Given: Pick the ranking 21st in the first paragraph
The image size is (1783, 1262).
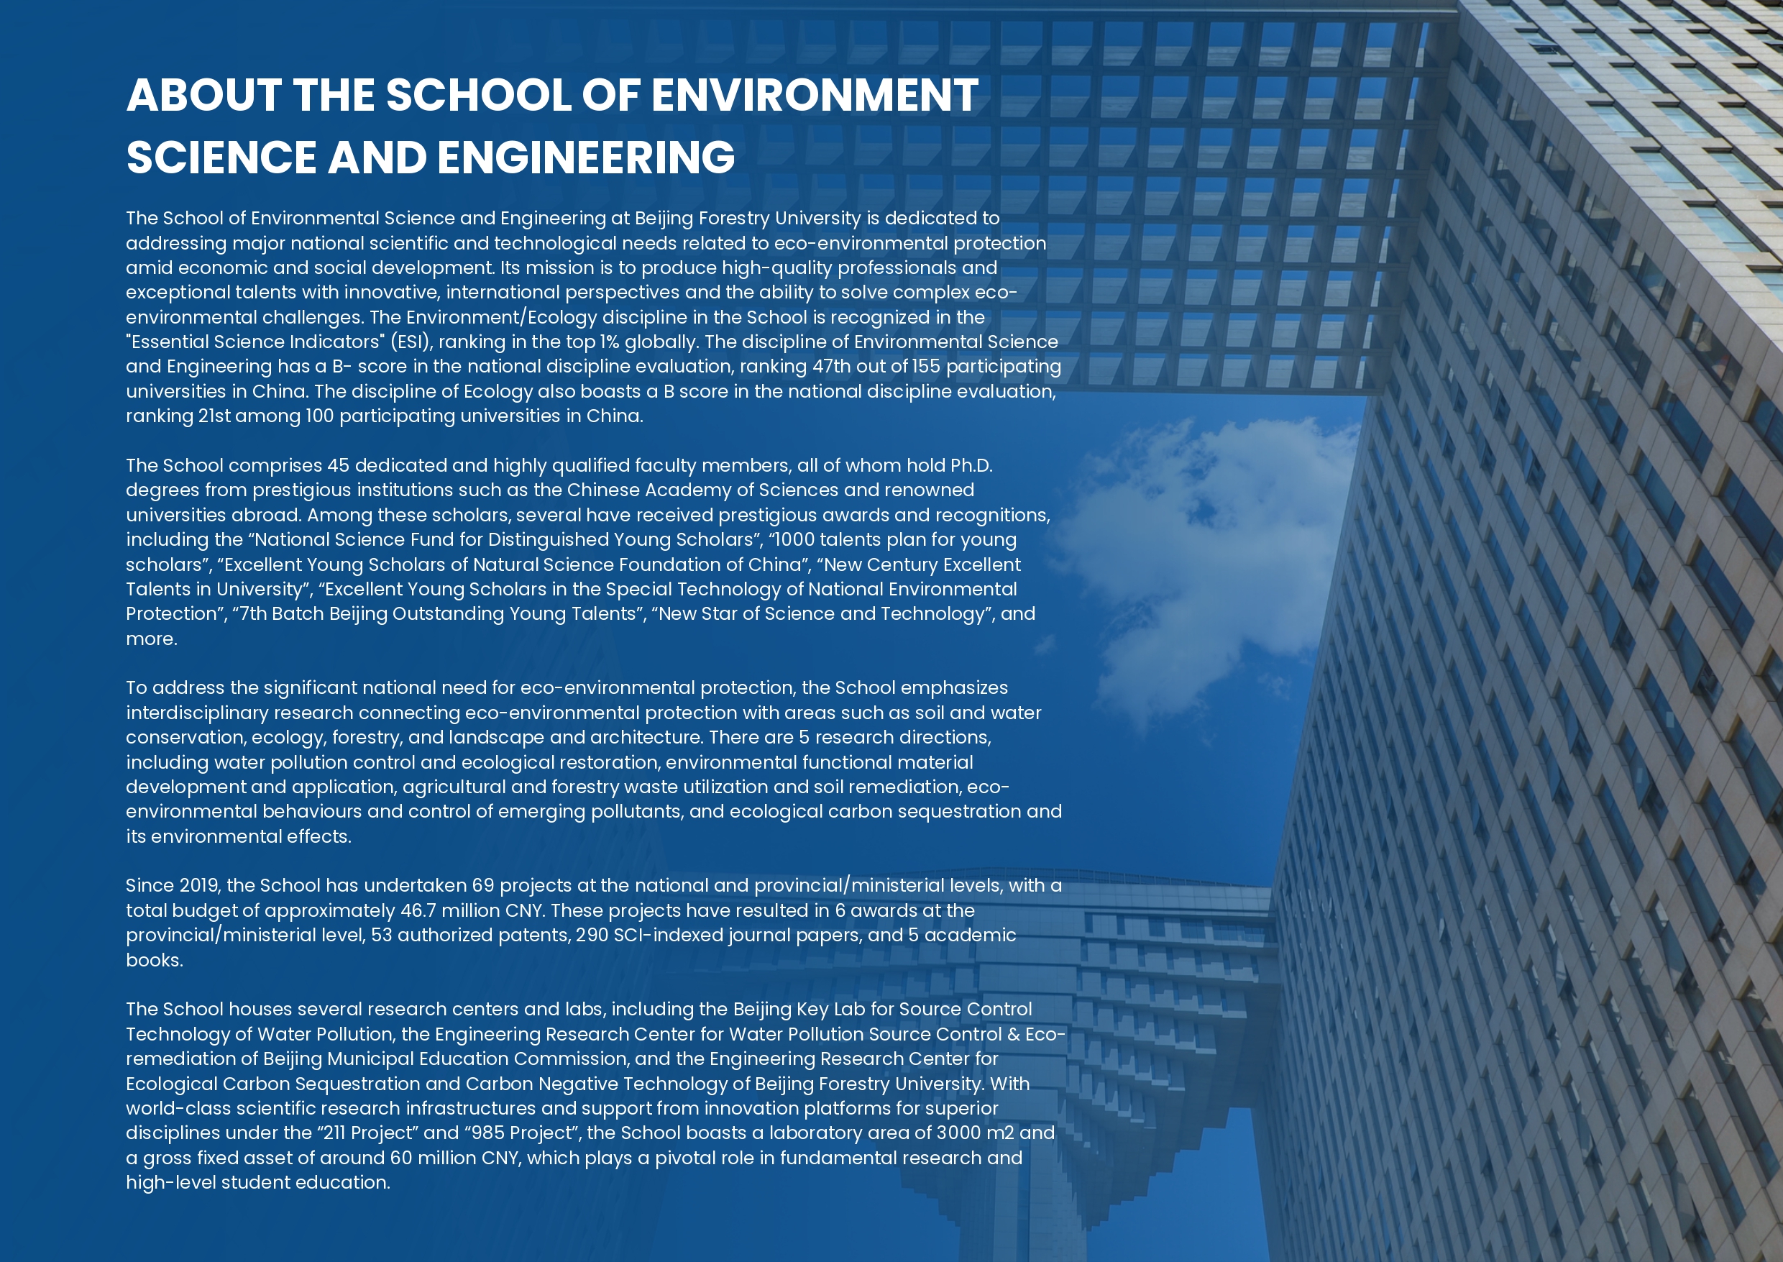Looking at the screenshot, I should click(214, 416).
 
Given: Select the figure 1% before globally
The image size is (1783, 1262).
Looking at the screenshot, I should click(609, 342).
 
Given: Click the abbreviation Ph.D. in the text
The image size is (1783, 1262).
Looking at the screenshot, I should click(971, 465).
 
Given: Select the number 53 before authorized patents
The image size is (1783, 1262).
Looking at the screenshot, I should click(382, 935).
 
